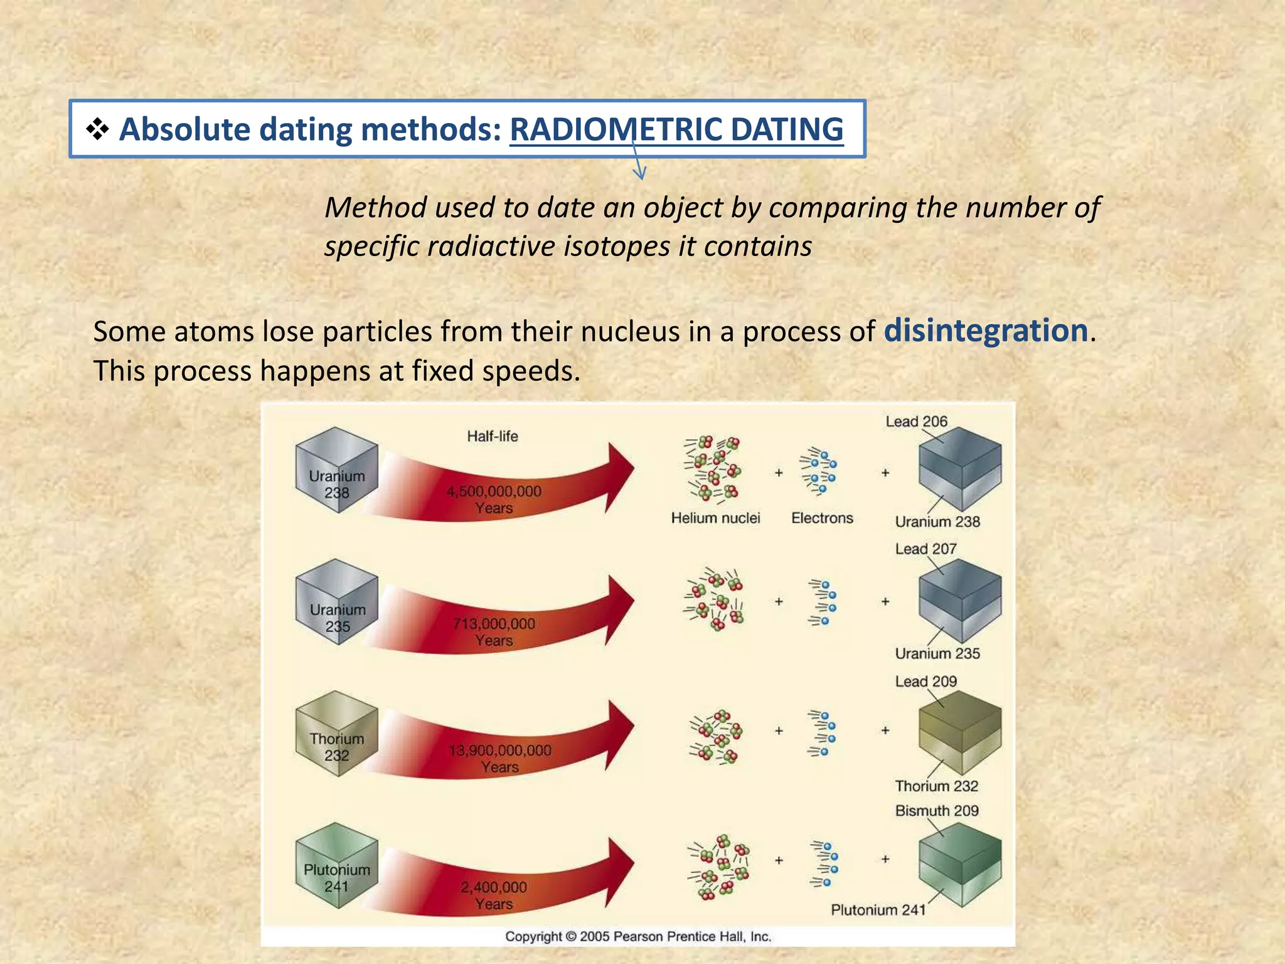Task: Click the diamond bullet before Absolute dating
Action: [97, 130]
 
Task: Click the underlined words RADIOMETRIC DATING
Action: [676, 130]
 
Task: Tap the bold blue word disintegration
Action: [986, 330]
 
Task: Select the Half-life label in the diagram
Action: [492, 436]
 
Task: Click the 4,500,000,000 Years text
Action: [494, 500]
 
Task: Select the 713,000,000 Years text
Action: [494, 631]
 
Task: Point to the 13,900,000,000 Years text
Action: [499, 758]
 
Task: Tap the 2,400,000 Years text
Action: [494, 895]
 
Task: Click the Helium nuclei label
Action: [715, 518]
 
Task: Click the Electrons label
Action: [822, 518]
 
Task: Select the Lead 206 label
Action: [916, 422]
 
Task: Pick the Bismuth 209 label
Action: [937, 811]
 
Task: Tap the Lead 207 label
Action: [925, 549]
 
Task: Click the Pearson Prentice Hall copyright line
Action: [637, 936]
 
